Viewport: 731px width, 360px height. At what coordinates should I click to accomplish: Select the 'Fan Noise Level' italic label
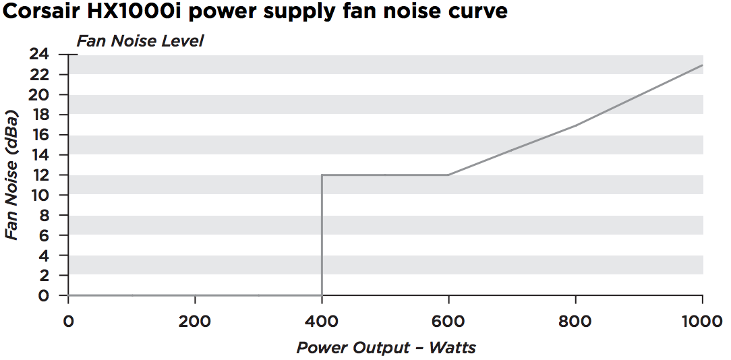140,41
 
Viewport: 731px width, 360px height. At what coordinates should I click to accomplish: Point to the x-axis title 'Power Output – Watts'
386,348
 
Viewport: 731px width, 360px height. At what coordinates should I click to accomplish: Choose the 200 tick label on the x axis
195,322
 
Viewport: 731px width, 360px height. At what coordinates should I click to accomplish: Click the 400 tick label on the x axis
322,322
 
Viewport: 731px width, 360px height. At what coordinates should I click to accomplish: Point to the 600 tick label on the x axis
448,322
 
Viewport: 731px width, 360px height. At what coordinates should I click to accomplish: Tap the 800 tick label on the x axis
575,322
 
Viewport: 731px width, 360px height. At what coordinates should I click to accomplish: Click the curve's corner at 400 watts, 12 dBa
322,175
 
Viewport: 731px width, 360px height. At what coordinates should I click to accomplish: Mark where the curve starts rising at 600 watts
448,175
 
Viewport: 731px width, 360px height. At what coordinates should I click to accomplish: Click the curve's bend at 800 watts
575,125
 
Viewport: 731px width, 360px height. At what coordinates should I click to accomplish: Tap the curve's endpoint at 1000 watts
702,65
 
